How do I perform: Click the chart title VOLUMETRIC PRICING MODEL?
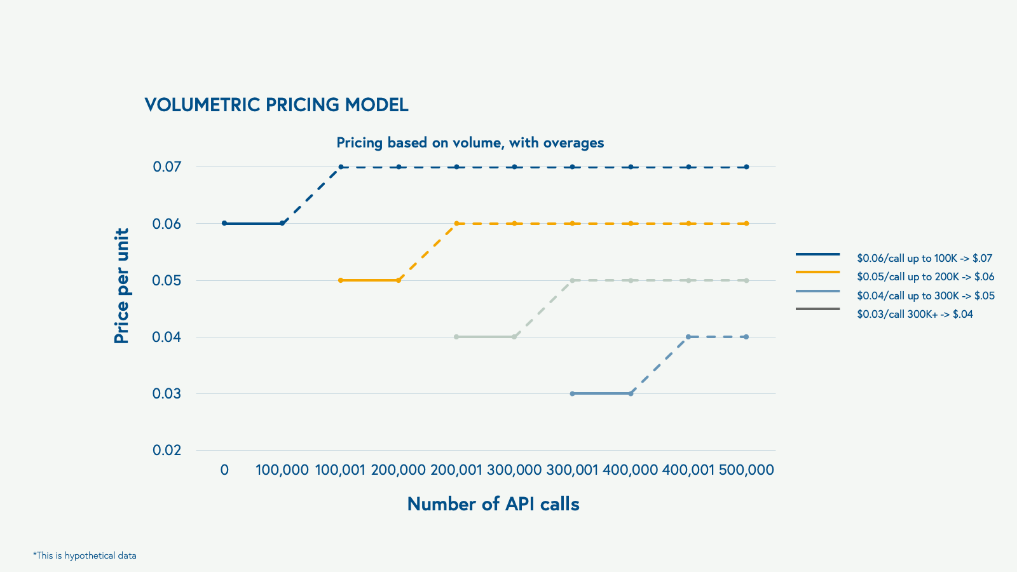[x=276, y=105]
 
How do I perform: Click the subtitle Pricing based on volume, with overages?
[x=470, y=142]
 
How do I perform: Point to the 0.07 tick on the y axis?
[x=167, y=167]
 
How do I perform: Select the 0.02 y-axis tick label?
[x=167, y=451]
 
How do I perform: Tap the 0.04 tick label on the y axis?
[x=167, y=337]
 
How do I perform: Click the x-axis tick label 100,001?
[x=340, y=470]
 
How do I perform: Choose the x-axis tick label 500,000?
[x=746, y=470]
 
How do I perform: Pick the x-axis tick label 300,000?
[x=514, y=470]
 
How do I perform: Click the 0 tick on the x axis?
[x=224, y=470]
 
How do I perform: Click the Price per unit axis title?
[x=121, y=286]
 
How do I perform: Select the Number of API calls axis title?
[x=493, y=504]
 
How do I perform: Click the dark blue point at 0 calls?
[x=224, y=223]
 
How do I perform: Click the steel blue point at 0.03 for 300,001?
[x=572, y=393]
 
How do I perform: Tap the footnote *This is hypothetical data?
[x=85, y=555]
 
